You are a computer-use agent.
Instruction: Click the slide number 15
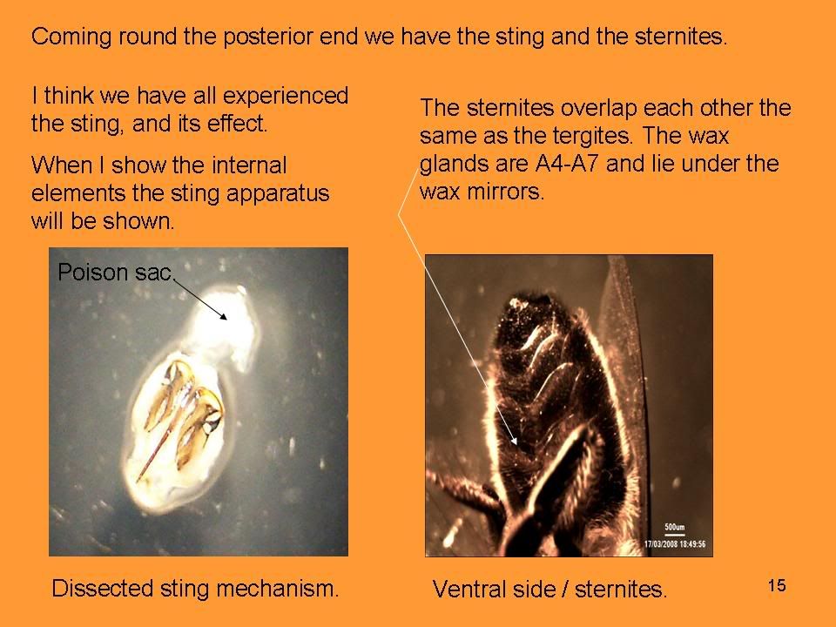coord(777,585)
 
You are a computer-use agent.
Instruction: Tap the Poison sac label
coord(115,272)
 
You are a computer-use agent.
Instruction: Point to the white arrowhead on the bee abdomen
coord(514,440)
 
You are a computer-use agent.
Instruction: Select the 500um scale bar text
coord(674,528)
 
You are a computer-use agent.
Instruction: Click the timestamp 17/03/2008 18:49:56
coord(674,543)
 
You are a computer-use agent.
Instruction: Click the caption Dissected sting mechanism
coord(195,589)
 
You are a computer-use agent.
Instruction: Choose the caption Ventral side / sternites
coord(549,590)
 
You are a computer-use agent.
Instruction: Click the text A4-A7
coord(567,163)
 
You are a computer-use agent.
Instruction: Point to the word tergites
coord(592,136)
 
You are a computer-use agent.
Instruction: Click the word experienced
coord(286,97)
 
